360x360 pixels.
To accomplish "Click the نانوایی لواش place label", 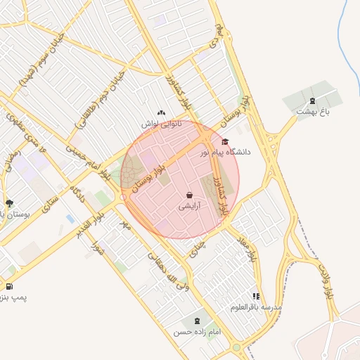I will coord(162,124).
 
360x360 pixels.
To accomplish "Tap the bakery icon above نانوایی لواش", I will coord(162,112).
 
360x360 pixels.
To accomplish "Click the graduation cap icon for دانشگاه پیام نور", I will coord(225,141).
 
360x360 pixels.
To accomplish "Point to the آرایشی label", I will coord(189,206).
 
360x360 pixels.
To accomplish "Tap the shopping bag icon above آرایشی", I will coord(190,195).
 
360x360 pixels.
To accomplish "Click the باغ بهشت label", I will coord(312,111).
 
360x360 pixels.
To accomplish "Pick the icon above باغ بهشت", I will coord(312,100).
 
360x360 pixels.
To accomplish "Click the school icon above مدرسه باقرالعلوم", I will coord(257,297).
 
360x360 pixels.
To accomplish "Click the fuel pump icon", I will coord(8,286).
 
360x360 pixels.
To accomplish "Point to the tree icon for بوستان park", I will coord(8,203).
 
